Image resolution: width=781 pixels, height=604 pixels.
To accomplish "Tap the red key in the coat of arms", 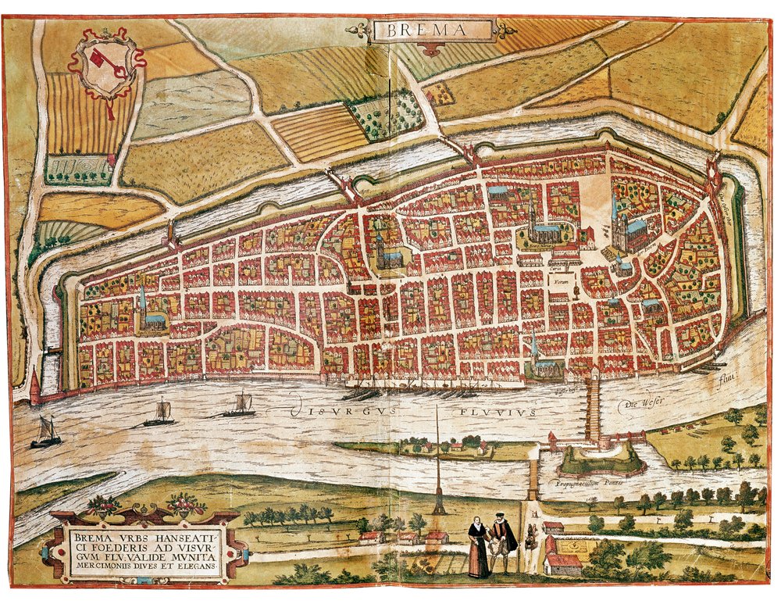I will click(x=105, y=64).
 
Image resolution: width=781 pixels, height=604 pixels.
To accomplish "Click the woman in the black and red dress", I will click(x=478, y=548).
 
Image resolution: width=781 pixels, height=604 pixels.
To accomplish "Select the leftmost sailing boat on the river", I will click(x=46, y=434).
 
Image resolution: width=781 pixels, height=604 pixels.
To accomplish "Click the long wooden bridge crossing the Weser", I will click(x=594, y=410).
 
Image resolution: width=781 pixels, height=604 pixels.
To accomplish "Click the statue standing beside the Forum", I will click(x=576, y=290).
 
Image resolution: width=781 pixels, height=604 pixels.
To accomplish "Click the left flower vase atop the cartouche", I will click(x=102, y=506).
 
